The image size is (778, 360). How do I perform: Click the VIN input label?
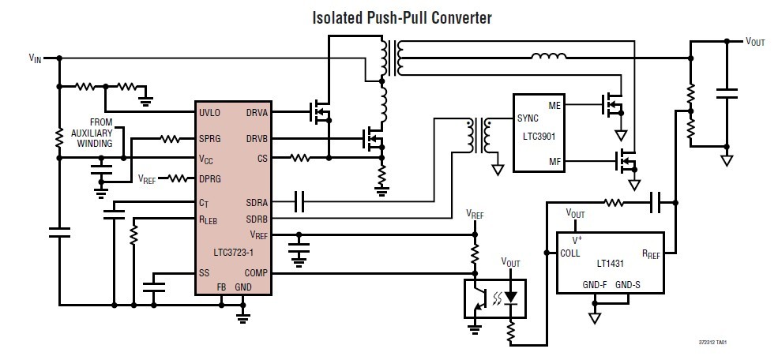(x=36, y=58)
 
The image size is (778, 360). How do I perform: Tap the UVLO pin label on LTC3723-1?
(x=210, y=112)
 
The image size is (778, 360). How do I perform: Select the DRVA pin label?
(x=257, y=112)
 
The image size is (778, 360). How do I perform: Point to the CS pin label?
(x=262, y=158)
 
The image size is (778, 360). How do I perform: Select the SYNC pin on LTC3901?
(x=528, y=118)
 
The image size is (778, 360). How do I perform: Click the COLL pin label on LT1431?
(x=570, y=253)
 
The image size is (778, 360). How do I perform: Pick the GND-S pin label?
(x=628, y=283)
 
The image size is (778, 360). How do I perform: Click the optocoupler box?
(x=494, y=298)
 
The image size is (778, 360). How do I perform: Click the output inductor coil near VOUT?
(x=548, y=56)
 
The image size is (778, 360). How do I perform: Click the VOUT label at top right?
(x=755, y=42)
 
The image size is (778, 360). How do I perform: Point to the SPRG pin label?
(x=211, y=139)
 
